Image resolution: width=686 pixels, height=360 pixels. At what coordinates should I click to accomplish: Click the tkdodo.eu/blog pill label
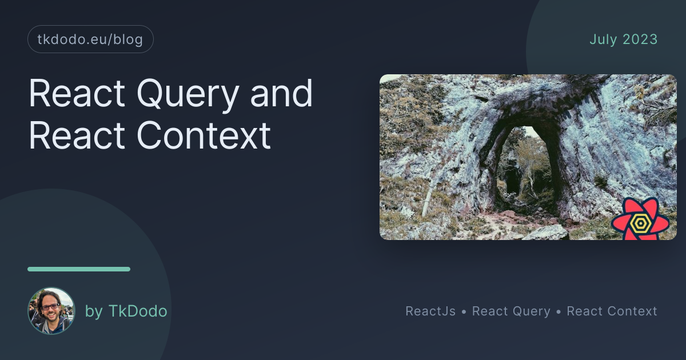(x=90, y=39)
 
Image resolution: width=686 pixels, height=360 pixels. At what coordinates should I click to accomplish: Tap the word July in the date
(x=603, y=40)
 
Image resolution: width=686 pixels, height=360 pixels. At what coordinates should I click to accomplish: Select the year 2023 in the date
(x=640, y=39)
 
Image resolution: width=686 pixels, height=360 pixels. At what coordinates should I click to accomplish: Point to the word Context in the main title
(x=204, y=135)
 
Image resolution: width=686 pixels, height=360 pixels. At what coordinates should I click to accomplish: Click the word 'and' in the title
(x=281, y=93)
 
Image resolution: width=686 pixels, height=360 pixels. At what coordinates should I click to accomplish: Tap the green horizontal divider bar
(x=79, y=269)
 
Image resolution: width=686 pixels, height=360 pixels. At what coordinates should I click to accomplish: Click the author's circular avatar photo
(x=51, y=310)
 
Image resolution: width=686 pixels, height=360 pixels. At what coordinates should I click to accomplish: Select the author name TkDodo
(x=138, y=311)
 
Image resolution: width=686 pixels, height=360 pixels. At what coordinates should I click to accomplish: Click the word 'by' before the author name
(x=94, y=312)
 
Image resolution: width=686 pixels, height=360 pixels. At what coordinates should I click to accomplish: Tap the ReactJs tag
(x=430, y=311)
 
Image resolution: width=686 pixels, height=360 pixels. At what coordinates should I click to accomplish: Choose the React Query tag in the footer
(x=511, y=311)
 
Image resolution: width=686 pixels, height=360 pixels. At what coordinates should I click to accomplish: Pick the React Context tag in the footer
(x=612, y=311)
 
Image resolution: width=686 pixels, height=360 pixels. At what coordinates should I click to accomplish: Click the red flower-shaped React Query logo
(x=640, y=219)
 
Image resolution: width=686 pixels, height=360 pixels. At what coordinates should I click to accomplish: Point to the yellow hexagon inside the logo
(x=640, y=223)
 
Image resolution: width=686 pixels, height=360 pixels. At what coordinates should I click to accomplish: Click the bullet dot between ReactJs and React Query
(x=464, y=312)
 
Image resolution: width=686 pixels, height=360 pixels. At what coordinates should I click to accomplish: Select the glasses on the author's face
(x=50, y=307)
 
